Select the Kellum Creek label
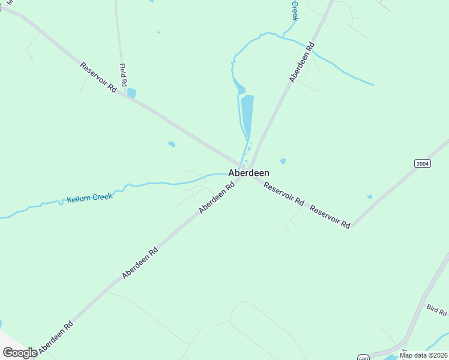[x=89, y=197]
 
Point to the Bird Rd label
[x=436, y=310]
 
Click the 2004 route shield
[x=423, y=163]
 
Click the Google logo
[x=19, y=353]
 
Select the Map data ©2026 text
[x=424, y=355]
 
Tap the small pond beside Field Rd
[x=131, y=93]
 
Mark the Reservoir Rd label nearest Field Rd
[x=98, y=76]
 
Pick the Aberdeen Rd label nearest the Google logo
[x=56, y=336]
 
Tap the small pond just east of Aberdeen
[x=283, y=161]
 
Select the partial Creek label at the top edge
[x=295, y=10]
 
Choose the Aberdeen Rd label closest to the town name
[x=216, y=199]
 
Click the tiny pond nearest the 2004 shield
[x=370, y=197]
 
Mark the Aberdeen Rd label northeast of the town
[x=302, y=62]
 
